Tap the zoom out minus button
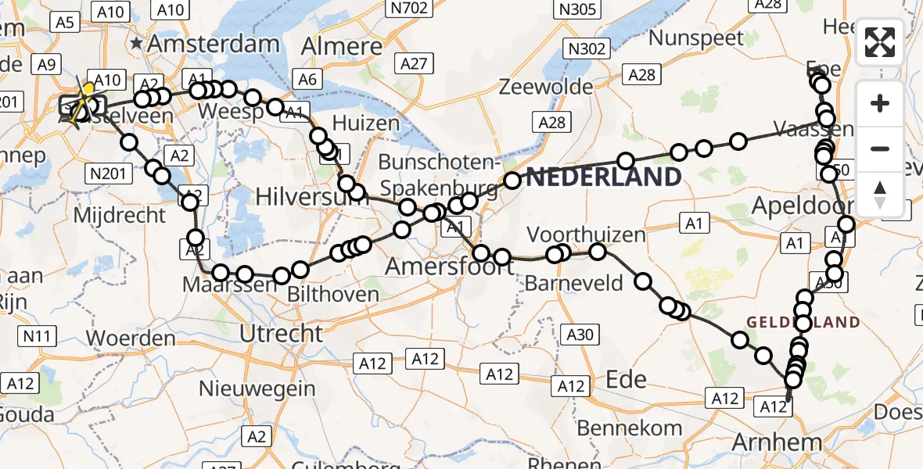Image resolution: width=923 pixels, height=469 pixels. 880,149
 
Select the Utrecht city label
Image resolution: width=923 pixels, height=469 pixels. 281,335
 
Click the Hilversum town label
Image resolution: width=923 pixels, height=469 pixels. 301,195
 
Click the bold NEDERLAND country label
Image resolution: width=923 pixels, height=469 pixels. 603,177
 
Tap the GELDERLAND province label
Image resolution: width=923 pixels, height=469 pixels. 803,322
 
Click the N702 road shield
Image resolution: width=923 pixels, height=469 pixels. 409,9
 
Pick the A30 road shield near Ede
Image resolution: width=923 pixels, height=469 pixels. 580,335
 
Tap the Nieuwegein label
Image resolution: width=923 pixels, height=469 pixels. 257,388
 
